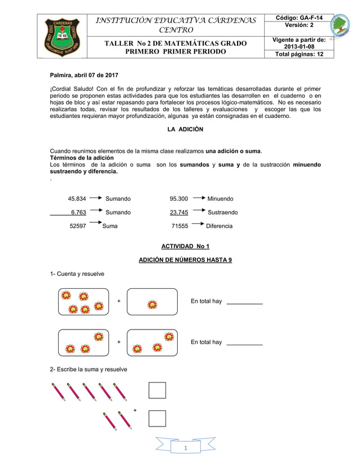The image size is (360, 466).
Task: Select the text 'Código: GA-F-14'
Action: tap(299, 18)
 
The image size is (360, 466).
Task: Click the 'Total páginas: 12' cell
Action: tap(299, 54)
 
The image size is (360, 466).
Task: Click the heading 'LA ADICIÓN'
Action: tap(185, 130)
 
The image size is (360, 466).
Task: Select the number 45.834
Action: tap(77, 199)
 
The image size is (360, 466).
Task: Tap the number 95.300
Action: tap(179, 199)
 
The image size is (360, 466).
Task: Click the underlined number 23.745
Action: tap(179, 213)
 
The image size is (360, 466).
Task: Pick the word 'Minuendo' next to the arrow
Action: tap(220, 199)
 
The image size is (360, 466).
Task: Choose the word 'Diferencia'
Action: tap(219, 226)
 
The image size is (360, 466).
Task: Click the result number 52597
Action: tap(78, 226)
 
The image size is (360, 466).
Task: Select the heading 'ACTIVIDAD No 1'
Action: tap(185, 247)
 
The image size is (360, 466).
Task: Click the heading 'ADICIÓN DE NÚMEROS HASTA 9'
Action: tap(185, 260)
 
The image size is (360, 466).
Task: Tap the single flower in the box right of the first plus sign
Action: tap(152, 304)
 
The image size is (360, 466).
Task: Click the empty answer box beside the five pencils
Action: tap(157, 390)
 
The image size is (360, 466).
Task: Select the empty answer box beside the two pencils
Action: tap(157, 418)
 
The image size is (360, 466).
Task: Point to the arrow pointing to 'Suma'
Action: tap(95, 224)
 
